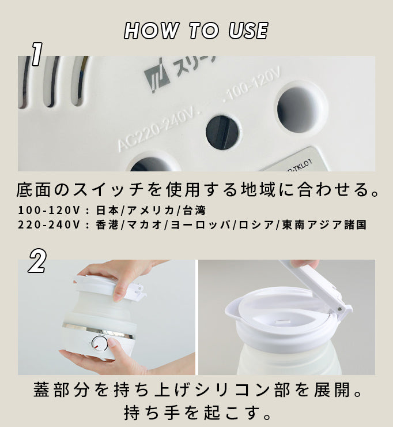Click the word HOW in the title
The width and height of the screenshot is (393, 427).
click(151, 31)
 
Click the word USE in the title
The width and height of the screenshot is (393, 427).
click(248, 31)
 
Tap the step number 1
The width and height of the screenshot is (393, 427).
click(37, 54)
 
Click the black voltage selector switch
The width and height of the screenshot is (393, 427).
click(223, 132)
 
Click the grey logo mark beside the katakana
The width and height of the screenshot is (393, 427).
click(157, 76)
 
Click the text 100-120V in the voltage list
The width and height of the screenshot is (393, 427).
click(49, 211)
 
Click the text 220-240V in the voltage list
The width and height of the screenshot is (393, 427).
click(49, 225)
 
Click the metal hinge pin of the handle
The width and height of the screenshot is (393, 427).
click(339, 309)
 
